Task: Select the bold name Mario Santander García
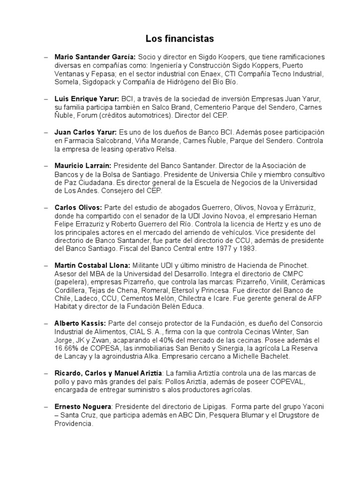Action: point(95,57)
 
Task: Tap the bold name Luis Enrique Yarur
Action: point(87,99)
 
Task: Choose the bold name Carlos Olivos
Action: point(78,207)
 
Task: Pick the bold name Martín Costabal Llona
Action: point(93,266)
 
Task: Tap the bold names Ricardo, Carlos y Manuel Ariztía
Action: point(108,373)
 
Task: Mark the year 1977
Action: point(214,249)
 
